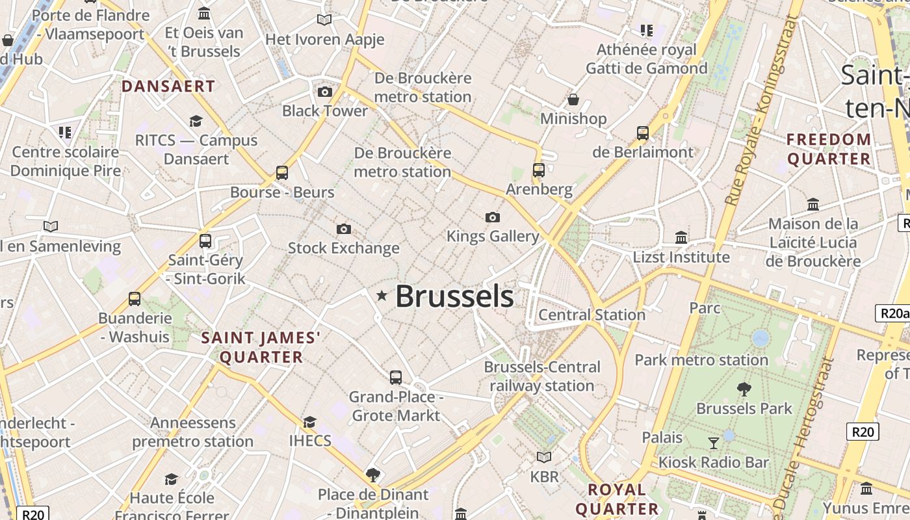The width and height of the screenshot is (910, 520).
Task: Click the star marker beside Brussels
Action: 382,296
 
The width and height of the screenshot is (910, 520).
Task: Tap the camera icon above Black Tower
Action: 325,92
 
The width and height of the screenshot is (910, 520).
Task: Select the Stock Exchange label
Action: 343,248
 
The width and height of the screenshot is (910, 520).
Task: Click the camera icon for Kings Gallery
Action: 493,217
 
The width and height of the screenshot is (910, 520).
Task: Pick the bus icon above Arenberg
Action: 539,170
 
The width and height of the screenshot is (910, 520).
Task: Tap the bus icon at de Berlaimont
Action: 643,133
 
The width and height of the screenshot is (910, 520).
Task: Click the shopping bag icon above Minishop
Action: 573,99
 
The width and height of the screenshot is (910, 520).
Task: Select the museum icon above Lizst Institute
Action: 681,237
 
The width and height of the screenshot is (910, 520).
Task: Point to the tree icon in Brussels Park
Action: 744,389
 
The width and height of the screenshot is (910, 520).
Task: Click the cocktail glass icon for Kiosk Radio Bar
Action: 714,443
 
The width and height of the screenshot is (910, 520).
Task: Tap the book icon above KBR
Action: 544,458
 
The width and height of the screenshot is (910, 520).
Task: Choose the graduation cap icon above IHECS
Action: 310,422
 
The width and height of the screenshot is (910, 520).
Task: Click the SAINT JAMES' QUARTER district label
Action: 261,347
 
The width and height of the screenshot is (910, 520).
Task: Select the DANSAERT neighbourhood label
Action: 168,86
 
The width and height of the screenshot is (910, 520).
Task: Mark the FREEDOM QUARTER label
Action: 829,149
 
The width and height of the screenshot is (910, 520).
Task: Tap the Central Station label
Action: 591,315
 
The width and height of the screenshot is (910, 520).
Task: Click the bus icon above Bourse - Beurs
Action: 282,173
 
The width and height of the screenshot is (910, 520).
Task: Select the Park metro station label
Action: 701,359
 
